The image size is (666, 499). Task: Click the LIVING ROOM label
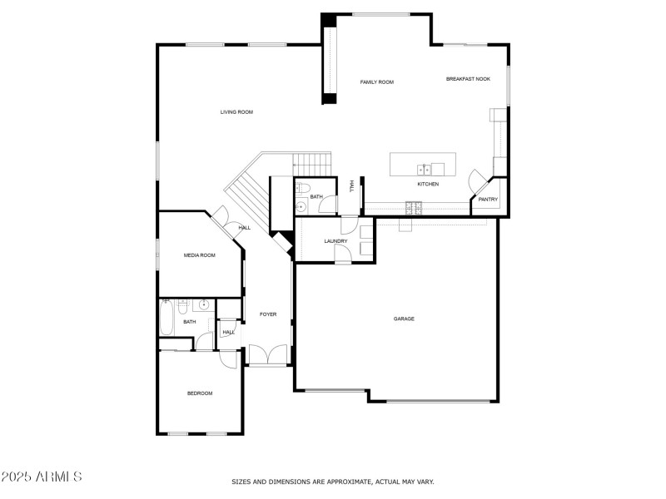tap(236, 111)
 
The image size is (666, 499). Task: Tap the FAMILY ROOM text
tap(376, 82)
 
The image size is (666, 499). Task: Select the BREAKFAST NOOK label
tap(468, 78)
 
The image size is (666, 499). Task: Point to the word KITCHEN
tap(428, 184)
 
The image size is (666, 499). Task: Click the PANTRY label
tap(488, 200)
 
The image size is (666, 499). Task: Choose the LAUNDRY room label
tap(335, 241)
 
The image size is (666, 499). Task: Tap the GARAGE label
tap(404, 319)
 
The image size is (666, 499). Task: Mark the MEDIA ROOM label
tap(200, 255)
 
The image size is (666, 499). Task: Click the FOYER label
tap(268, 314)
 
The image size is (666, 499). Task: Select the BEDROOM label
tap(200, 393)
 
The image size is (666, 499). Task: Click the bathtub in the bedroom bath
tap(166, 318)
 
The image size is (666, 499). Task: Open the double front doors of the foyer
tap(267, 355)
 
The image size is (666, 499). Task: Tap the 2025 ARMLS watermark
tap(42, 477)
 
